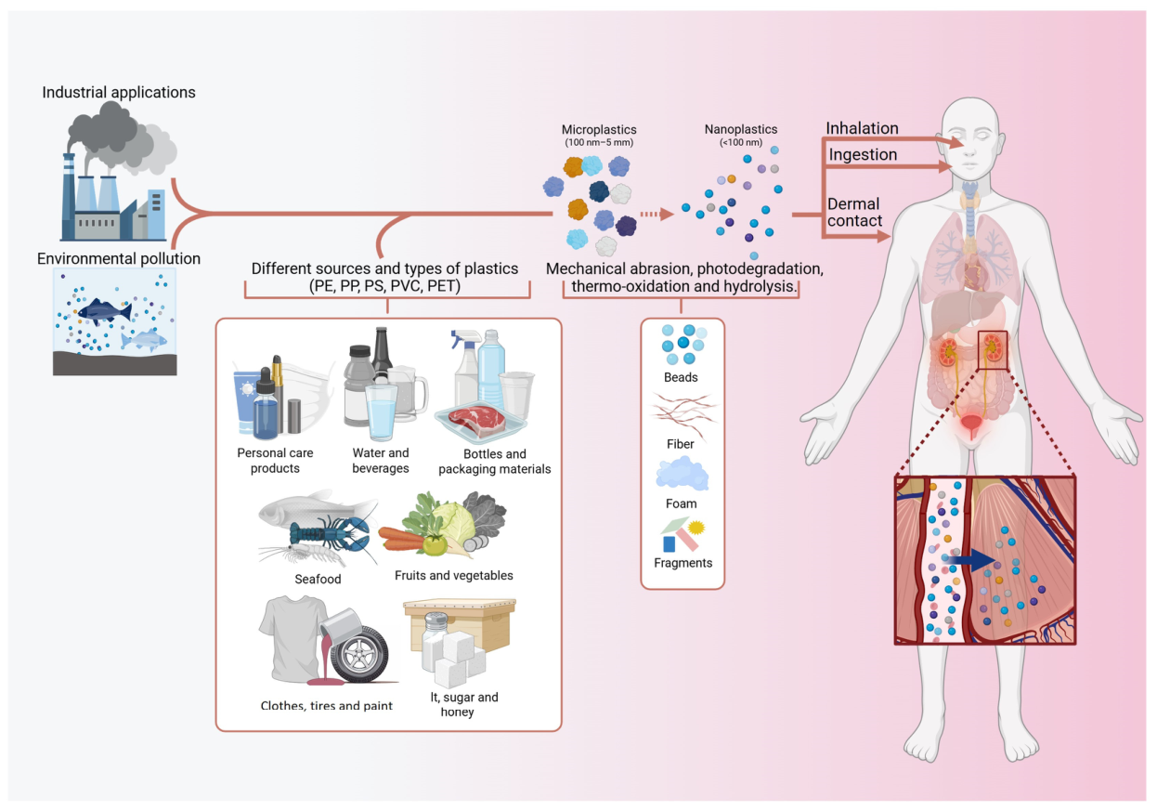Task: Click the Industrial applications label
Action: click(119, 93)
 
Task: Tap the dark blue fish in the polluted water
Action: click(105, 310)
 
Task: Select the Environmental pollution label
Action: click(119, 258)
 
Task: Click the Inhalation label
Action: click(862, 128)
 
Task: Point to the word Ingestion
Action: click(863, 154)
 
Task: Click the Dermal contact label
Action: click(854, 213)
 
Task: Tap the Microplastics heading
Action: click(599, 130)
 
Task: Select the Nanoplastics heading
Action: click(741, 129)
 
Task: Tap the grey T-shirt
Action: click(292, 638)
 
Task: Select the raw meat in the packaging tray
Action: click(476, 420)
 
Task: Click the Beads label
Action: click(681, 378)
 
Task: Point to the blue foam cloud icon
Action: click(682, 475)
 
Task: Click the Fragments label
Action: click(682, 563)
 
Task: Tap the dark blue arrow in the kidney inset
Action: click(971, 560)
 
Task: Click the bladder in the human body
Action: click(971, 426)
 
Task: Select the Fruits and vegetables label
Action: click(453, 576)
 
